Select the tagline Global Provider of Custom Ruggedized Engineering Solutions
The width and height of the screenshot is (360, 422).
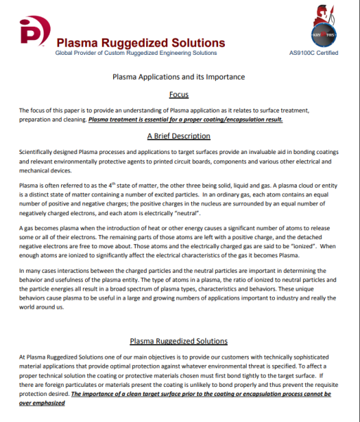136,53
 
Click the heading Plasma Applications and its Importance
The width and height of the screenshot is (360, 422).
179,76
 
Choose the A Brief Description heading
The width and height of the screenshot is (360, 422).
179,136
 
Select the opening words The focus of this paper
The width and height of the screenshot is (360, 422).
50,111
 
